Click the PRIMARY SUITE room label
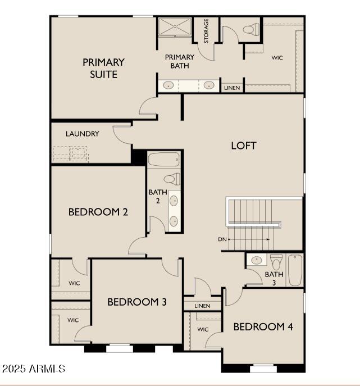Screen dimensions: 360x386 [103, 68]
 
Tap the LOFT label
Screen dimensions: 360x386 [244, 146]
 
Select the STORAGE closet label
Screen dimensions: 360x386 [206, 31]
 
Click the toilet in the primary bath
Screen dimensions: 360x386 [251, 30]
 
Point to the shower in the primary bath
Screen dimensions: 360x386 [175, 26]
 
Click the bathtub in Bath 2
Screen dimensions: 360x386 [164, 160]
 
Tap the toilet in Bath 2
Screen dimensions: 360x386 [172, 179]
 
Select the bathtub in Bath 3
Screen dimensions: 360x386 [295, 270]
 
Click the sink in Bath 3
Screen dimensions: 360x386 [257, 259]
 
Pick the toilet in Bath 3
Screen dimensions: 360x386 [276, 262]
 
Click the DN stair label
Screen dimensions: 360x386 [222, 239]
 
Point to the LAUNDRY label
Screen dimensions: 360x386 [82, 134]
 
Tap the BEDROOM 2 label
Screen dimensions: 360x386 [98, 212]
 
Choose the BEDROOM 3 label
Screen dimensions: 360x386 [137, 302]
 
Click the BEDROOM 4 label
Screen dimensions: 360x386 [263, 327]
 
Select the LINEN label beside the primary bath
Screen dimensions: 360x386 [232, 88]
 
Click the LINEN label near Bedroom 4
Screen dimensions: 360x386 [202, 306]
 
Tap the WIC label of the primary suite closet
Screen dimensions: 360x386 [277, 58]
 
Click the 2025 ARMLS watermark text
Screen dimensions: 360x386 [34, 369]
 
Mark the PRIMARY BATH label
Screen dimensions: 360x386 [180, 62]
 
